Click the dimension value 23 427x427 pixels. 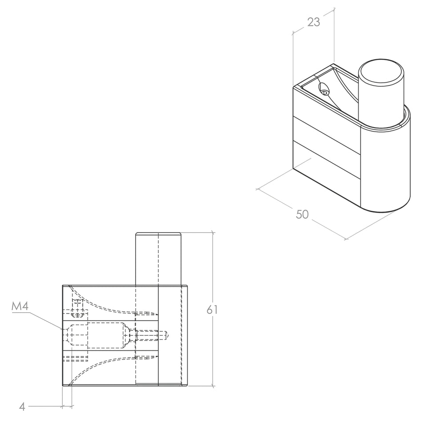click(314, 22)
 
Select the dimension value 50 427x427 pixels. click(302, 214)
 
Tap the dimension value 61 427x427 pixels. click(212, 310)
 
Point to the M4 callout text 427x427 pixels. click(20, 306)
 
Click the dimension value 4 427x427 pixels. click(22, 407)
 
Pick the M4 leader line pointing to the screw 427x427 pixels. click(46, 321)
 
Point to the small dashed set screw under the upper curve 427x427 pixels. click(77, 308)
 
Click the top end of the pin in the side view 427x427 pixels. click(158, 234)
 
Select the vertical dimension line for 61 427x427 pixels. click(213, 309)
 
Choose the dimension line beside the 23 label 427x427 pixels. click(314, 22)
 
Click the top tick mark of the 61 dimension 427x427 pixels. click(213, 233)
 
